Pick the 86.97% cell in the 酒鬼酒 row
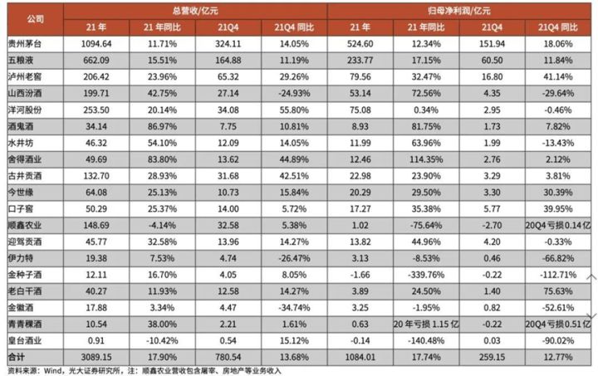pos(164,126)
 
